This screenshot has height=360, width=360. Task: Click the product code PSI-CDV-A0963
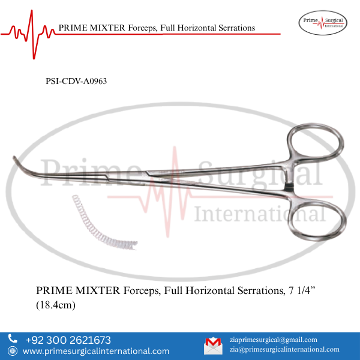[76, 81]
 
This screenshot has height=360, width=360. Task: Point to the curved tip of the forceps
[18, 163]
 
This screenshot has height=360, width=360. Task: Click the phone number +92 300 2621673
[68, 340]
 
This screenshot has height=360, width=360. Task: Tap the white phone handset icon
[13, 340]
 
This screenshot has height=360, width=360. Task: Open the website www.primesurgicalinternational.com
[96, 352]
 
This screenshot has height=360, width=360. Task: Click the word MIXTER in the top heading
[106, 28]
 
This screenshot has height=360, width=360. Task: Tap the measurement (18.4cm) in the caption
[58, 305]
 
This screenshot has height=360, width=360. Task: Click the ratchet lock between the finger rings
[289, 185]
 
